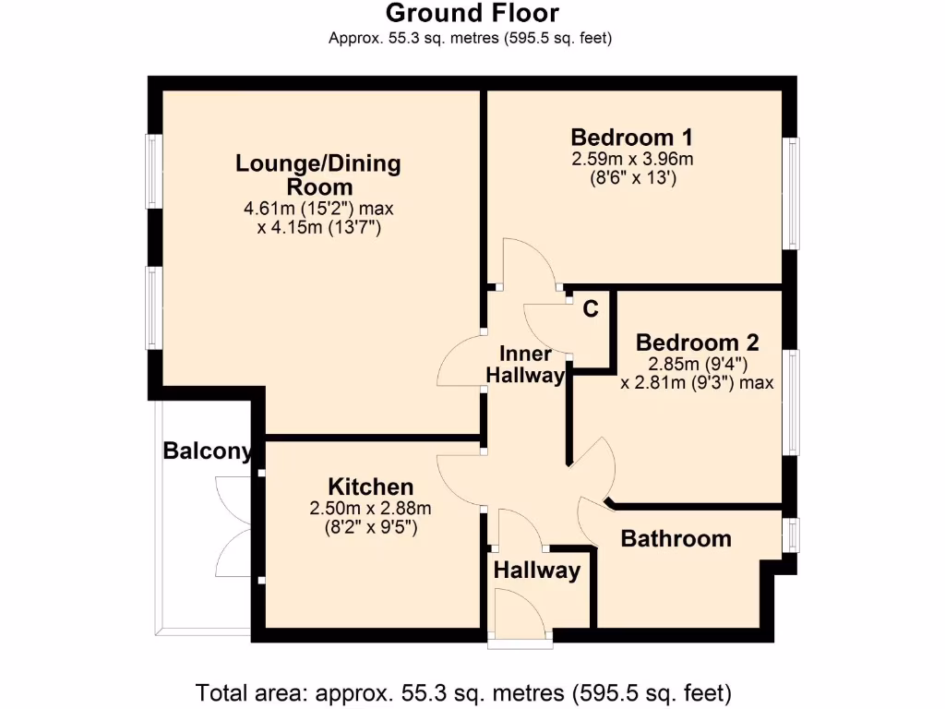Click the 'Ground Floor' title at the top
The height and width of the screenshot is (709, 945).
[472, 13]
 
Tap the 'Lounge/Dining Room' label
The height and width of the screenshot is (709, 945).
[318, 175]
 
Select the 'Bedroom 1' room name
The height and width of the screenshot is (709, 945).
[632, 138]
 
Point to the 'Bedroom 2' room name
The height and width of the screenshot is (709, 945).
[697, 342]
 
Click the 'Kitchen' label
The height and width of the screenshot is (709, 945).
[371, 487]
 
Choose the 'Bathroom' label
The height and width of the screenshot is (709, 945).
[676, 538]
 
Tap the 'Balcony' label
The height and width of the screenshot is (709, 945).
[207, 451]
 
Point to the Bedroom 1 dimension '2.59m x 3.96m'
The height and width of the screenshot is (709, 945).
[632, 159]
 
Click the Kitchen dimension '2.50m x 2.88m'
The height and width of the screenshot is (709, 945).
[371, 508]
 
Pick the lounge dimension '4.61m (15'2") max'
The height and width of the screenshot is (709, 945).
[318, 209]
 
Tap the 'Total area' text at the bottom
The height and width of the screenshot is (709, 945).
[463, 691]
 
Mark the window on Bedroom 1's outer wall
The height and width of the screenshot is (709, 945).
[791, 193]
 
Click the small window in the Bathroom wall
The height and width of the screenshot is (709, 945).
[791, 535]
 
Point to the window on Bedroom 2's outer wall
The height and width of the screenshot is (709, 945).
[791, 402]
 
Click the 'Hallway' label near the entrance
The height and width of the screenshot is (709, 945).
[536, 571]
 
